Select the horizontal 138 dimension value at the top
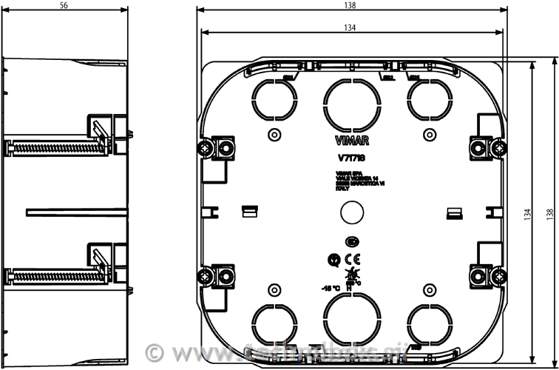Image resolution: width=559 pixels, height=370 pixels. pos(350,4)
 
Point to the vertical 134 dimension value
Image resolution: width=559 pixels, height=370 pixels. pos(527,214)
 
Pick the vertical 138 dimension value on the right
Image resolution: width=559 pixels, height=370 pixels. pos(549,214)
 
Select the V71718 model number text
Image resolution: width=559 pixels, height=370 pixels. pos(350,157)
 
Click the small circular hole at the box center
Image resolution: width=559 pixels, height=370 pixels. pos(350,214)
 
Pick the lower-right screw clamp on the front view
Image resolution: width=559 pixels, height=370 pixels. pos(485,277)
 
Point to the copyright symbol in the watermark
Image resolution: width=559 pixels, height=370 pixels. pos(154,351)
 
